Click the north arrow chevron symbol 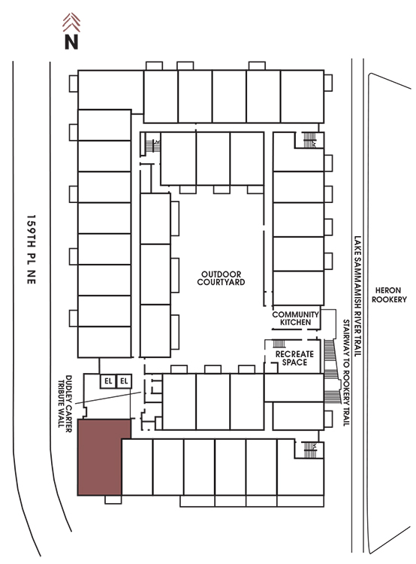(71, 22)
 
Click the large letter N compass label (71, 41)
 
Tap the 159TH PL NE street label (32, 249)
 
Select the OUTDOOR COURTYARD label (221, 278)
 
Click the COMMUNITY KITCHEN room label (296, 318)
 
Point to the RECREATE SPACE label (294, 358)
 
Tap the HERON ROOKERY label (389, 295)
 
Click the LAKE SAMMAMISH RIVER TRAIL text (357, 296)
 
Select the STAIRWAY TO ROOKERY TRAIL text (346, 372)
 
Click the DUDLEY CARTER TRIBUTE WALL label (65, 401)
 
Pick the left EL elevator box (108, 381)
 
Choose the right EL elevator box (125, 381)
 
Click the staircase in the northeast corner (309, 140)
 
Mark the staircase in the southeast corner (310, 450)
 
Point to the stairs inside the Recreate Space (279, 344)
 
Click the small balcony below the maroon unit (113, 499)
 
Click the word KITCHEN (296, 323)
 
